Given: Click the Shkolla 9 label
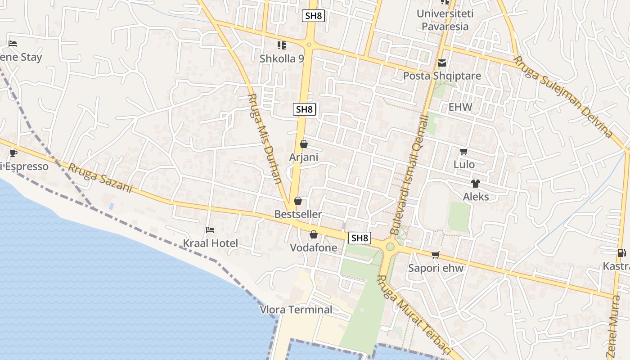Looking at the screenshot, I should (x=282, y=58).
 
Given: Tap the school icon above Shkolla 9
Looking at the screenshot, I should (x=282, y=45).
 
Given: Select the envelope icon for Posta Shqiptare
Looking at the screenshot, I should (x=442, y=63).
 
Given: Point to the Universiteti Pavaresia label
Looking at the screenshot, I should (x=445, y=20).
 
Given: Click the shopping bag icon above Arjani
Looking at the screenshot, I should (x=304, y=144).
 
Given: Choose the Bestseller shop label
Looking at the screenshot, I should (x=298, y=214).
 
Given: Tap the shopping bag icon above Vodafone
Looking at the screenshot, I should (x=313, y=234).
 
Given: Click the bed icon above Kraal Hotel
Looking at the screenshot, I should (x=210, y=230).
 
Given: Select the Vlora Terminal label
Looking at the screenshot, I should (x=296, y=310).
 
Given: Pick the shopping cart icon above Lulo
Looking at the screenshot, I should (x=464, y=151).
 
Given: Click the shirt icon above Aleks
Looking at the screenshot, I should (x=476, y=183).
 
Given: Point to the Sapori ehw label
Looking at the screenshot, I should (x=436, y=268).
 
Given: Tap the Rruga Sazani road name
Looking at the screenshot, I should (x=100, y=178).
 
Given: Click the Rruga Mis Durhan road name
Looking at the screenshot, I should (x=265, y=139).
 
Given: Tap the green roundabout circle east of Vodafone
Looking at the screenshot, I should (x=390, y=247).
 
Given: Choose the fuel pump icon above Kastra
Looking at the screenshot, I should (x=621, y=253).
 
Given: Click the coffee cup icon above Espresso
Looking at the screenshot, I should (x=13, y=153).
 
